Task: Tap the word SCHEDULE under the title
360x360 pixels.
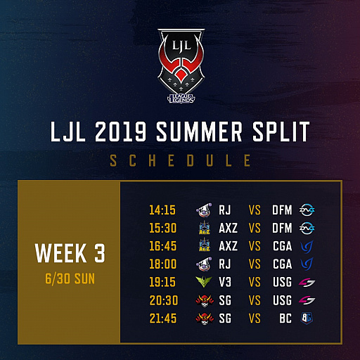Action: [x=180, y=161]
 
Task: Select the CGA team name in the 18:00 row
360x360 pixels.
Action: [x=283, y=264]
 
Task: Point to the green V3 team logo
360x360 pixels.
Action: [x=204, y=282]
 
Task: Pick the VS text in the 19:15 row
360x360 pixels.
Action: [x=255, y=282]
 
